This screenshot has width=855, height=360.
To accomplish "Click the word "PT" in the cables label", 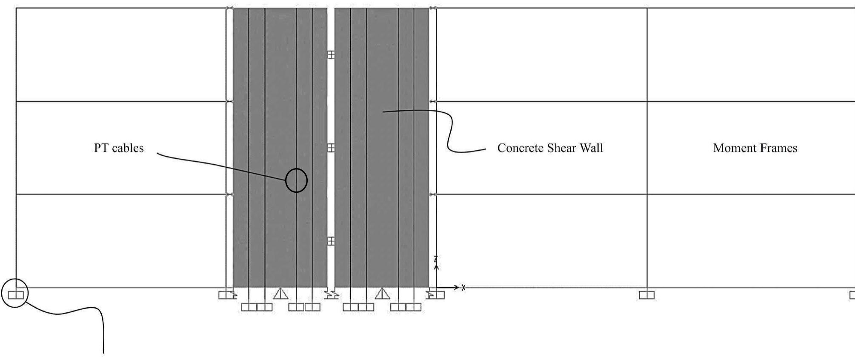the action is (x=101, y=148).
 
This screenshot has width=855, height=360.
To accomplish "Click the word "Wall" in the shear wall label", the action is (x=592, y=148).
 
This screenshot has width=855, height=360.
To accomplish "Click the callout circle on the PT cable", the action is (x=296, y=180).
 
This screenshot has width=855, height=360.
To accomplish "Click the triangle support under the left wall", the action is (x=280, y=294).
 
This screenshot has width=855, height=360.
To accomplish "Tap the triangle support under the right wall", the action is (x=382, y=294).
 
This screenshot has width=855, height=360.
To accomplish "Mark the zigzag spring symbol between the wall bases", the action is (x=331, y=294).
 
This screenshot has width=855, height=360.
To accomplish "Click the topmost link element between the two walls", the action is (x=331, y=54).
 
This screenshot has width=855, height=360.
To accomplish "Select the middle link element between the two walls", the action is (x=331, y=148).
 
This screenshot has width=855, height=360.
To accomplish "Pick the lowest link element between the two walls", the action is (x=331, y=241).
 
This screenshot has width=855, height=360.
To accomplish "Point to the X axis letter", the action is (x=463, y=288).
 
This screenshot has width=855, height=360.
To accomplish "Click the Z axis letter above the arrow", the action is (x=436, y=259).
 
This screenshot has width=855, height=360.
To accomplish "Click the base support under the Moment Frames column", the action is (x=646, y=295).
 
